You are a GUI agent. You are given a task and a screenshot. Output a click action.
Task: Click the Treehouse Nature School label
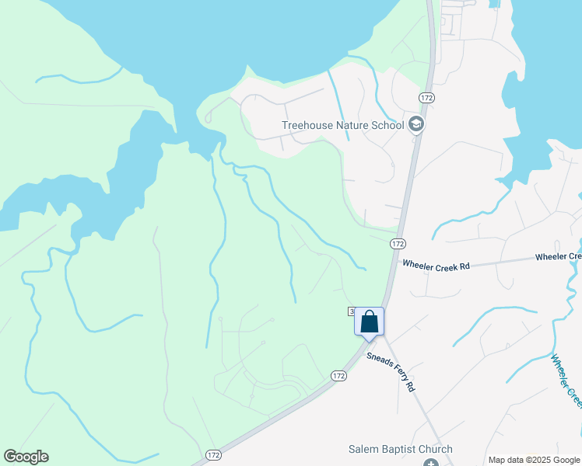point(342,124)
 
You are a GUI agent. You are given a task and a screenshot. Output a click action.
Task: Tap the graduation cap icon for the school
point(416,124)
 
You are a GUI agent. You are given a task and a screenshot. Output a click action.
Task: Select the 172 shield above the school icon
point(426,97)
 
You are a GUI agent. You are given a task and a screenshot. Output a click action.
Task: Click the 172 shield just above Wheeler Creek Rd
point(398,243)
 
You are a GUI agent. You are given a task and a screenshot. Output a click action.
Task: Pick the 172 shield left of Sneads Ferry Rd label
point(338,375)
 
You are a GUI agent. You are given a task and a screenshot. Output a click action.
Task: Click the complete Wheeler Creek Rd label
point(436,266)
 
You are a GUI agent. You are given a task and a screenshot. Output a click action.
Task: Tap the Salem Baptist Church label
point(400,450)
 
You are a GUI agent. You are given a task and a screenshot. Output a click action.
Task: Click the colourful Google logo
point(26,457)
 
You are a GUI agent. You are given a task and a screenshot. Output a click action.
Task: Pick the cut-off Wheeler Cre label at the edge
point(559,256)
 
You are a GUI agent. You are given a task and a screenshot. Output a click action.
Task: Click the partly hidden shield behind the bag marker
point(352,311)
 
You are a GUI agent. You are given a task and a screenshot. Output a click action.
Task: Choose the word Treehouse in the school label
point(307,124)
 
